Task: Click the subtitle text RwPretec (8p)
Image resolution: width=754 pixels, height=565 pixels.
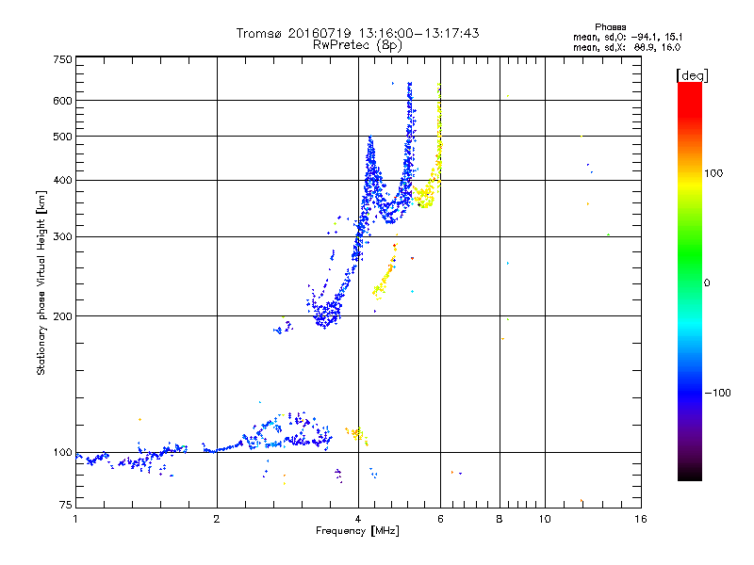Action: pyautogui.click(x=358, y=44)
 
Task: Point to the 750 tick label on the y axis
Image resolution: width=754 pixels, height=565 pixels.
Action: pyautogui.click(x=63, y=59)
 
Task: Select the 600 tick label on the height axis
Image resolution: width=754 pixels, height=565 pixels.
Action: pyautogui.click(x=63, y=100)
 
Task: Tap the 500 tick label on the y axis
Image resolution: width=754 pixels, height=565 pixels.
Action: pyautogui.click(x=63, y=136)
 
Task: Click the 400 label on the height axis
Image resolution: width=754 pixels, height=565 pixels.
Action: pyautogui.click(x=63, y=180)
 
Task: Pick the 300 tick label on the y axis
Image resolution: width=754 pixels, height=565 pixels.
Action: pyautogui.click(x=63, y=236)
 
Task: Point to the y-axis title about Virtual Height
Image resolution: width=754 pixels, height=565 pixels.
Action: pyautogui.click(x=41, y=282)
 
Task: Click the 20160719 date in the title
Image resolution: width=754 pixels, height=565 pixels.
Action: pyautogui.click(x=319, y=33)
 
